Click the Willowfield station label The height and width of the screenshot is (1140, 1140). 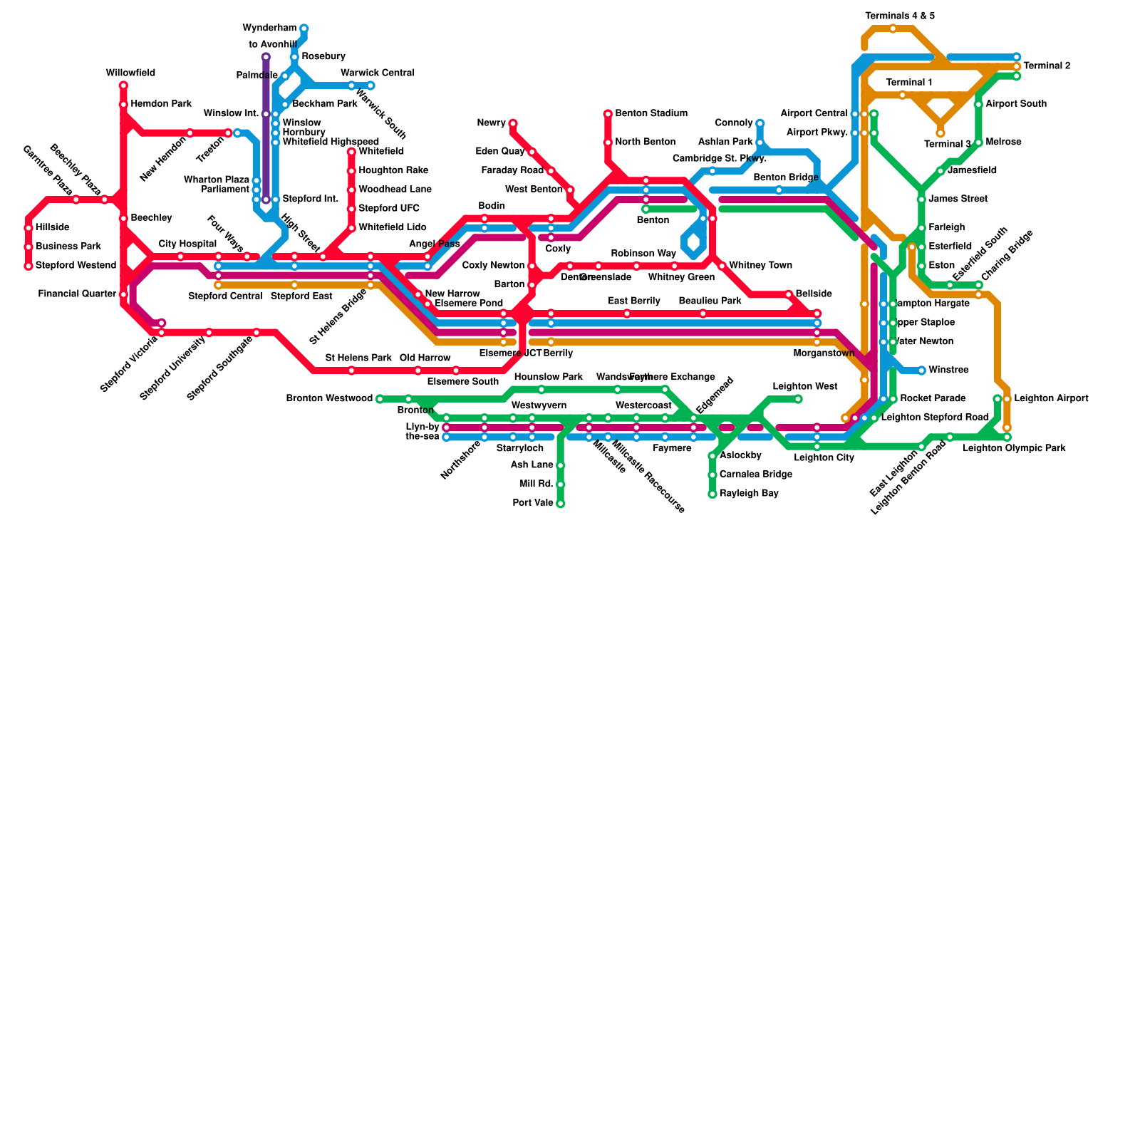click(130, 73)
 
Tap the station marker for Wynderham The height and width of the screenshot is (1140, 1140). click(304, 28)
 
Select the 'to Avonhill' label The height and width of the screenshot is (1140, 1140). click(273, 45)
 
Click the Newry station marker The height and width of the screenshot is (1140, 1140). click(512, 123)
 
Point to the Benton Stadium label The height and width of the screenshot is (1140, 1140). click(651, 114)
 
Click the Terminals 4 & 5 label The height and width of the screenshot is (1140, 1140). click(900, 16)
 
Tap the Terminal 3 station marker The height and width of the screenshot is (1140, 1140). click(940, 133)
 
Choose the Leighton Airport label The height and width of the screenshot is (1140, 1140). click(1051, 398)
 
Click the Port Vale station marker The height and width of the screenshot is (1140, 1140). click(560, 504)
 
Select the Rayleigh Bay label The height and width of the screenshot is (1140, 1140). click(749, 494)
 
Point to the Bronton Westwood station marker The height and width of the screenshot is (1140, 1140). click(379, 399)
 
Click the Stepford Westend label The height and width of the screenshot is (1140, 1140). click(76, 266)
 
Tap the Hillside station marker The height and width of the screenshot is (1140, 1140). click(28, 228)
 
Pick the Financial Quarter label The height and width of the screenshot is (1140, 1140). click(77, 294)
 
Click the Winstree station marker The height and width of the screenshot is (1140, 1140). click(921, 370)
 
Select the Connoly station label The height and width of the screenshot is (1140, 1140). click(733, 123)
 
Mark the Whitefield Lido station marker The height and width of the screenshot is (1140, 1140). click(351, 228)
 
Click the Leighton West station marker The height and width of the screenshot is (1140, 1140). click(798, 399)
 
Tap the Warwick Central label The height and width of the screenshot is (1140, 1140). click(377, 73)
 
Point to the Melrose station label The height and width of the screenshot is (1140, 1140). click(1003, 142)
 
